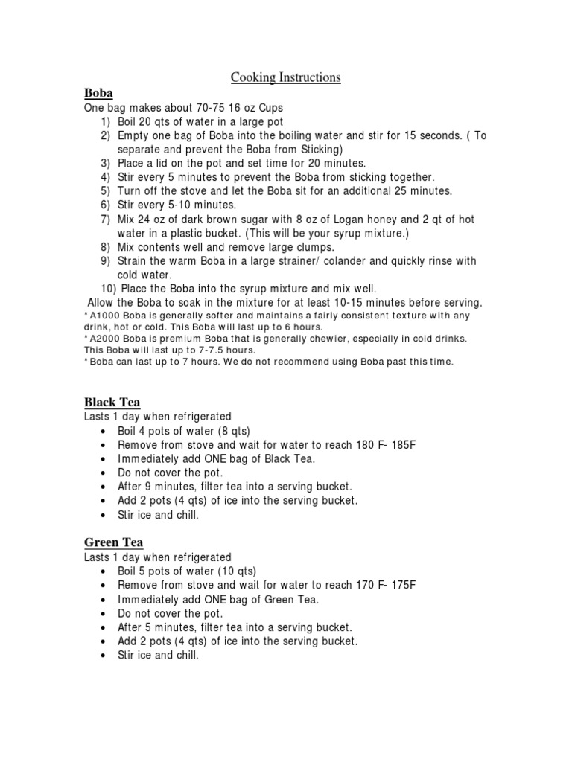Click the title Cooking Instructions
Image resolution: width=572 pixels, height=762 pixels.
[285, 77]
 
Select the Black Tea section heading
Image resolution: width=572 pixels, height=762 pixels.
[112, 403]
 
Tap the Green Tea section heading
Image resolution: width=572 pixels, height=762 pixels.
[113, 543]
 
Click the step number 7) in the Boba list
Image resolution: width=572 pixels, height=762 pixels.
[105, 220]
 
